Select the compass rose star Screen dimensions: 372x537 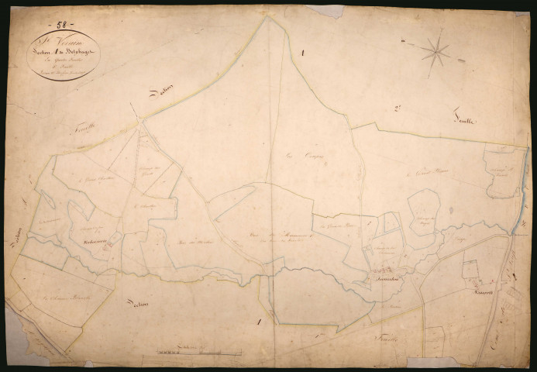[437, 53]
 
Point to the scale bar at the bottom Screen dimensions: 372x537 [194, 353]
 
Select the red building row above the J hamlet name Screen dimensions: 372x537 [382, 270]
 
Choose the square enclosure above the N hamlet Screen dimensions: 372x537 [470, 270]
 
